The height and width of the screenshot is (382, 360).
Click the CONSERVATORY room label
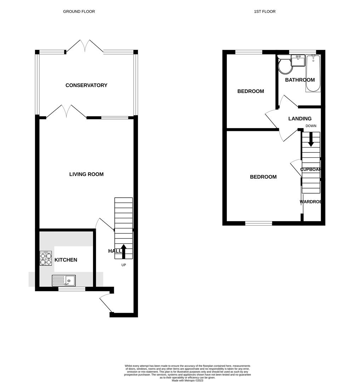(x=86, y=85)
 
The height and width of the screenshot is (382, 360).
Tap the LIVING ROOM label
(x=86, y=174)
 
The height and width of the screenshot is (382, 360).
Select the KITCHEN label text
(x=66, y=260)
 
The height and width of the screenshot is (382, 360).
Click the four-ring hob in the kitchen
(x=46, y=258)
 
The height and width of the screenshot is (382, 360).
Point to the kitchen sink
(x=64, y=281)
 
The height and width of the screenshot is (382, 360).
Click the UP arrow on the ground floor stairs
(x=124, y=251)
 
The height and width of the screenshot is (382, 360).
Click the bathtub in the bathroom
(x=313, y=73)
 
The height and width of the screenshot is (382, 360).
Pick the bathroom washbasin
(x=298, y=60)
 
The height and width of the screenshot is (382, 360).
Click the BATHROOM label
(x=300, y=80)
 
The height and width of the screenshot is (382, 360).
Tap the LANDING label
(x=300, y=119)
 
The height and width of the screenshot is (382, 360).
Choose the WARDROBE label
(x=311, y=202)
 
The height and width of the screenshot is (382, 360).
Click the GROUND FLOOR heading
(x=79, y=12)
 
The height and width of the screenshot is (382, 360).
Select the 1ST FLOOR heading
(x=265, y=12)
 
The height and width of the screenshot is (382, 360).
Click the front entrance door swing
(x=105, y=303)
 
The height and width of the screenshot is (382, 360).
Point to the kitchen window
(x=72, y=289)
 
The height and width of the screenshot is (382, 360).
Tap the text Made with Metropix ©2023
(x=188, y=381)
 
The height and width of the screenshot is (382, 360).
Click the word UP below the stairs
(x=124, y=265)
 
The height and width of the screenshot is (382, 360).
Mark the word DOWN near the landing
(x=311, y=126)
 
